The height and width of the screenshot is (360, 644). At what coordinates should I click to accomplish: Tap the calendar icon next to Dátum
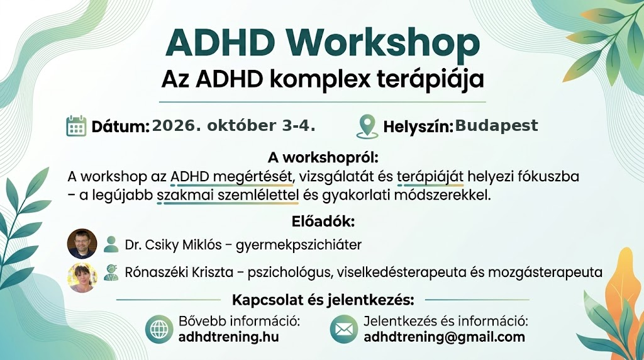pos(76,126)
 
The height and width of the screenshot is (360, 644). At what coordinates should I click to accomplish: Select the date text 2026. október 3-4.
pos(234,126)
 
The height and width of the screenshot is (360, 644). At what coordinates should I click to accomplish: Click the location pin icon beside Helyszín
pos(367,126)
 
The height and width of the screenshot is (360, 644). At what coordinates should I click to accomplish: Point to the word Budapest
pos(497,125)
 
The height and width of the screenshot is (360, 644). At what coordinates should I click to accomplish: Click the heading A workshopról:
pos(323,157)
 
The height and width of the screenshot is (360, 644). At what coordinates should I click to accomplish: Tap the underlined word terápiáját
pos(430,177)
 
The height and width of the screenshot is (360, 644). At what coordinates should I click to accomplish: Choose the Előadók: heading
pos(323,222)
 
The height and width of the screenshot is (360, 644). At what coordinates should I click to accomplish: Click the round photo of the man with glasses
pos(82,244)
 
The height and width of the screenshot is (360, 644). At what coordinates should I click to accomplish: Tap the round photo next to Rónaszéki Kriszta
pos(82,278)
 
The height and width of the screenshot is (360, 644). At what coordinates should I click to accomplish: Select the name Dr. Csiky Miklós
pos(174,245)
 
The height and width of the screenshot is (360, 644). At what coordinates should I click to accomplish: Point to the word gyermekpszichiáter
pos(299,245)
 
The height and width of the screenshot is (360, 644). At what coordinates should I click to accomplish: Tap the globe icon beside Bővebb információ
pos(159,329)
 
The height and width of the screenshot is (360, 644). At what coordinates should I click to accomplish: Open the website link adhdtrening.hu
pos(229,337)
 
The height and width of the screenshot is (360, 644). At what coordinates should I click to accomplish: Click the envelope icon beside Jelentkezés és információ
pos(344,329)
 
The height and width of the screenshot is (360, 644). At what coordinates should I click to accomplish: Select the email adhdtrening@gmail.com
pos(445,337)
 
